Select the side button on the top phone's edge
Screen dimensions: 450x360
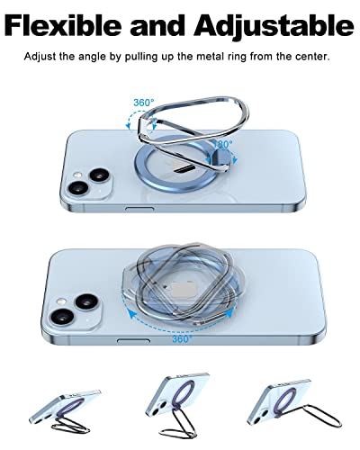(135, 209)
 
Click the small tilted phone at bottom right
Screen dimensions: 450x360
(288, 409)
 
